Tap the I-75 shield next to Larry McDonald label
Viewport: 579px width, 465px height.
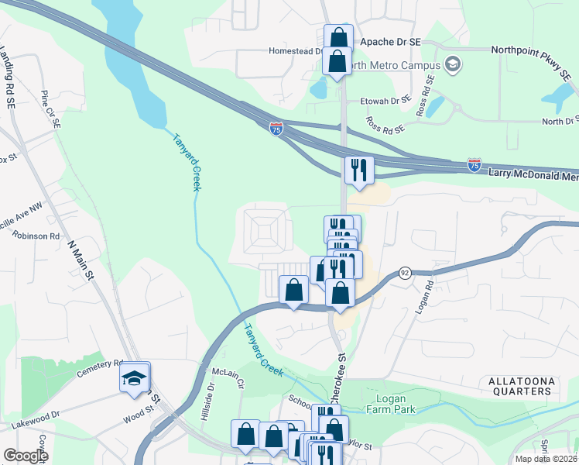tap(475, 165)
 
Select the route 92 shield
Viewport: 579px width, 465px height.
tap(404, 273)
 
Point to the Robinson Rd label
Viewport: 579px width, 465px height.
tap(35, 236)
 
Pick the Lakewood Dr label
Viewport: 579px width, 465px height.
tap(36, 419)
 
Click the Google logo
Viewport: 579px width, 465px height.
tap(25, 456)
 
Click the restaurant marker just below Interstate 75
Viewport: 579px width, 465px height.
tap(359, 170)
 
